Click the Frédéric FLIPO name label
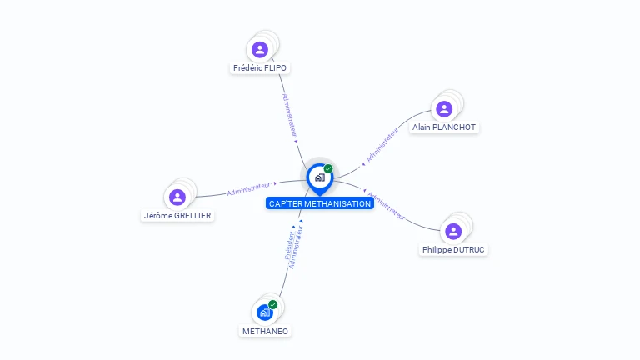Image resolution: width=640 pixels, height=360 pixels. click(260, 68)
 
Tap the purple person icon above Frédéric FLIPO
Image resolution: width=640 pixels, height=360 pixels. click(260, 49)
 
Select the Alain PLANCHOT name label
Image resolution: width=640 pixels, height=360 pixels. click(444, 127)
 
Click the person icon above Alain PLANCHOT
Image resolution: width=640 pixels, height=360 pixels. click(444, 108)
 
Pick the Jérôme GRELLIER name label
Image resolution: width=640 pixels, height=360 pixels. click(177, 215)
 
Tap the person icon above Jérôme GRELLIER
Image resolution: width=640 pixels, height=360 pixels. click(177, 197)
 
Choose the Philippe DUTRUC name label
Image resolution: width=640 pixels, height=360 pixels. click(453, 249)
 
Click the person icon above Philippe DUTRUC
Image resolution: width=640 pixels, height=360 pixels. click(453, 231)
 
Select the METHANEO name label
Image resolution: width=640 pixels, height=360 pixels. click(265, 331)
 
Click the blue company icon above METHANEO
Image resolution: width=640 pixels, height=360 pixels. click(264, 312)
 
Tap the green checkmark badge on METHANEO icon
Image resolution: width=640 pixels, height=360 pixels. click(272, 304)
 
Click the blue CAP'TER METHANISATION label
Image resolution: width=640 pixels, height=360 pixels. click(320, 203)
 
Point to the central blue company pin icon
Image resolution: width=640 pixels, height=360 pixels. click(319, 177)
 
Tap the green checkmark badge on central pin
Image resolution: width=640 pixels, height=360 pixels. click(328, 168)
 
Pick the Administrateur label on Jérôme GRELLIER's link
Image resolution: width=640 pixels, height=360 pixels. click(249, 188)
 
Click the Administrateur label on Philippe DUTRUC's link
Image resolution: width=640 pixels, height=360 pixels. click(387, 206)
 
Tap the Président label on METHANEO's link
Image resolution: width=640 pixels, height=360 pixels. click(288, 245)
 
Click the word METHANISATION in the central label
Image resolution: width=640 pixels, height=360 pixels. click(337, 203)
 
